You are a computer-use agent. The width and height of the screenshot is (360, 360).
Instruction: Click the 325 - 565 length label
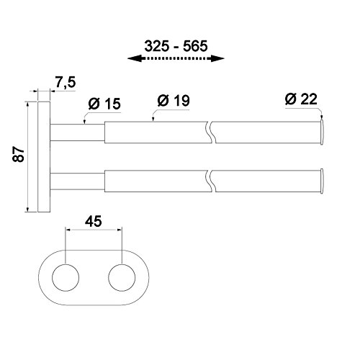click(x=176, y=46)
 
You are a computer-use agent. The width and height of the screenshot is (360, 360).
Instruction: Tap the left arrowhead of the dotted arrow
click(x=134, y=58)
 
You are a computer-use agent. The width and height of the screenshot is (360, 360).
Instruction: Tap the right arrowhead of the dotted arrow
click(x=217, y=58)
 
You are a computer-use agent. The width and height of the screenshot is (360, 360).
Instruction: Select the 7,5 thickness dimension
click(x=66, y=82)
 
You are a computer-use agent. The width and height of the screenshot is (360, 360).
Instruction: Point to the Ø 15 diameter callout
click(x=104, y=104)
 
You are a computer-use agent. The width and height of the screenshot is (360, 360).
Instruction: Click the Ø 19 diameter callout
click(x=174, y=100)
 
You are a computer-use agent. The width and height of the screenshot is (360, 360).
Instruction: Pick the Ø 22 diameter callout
click(x=301, y=99)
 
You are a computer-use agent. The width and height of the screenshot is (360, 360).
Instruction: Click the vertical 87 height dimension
click(x=19, y=154)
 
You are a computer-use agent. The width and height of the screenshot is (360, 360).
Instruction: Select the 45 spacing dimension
click(x=94, y=221)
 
